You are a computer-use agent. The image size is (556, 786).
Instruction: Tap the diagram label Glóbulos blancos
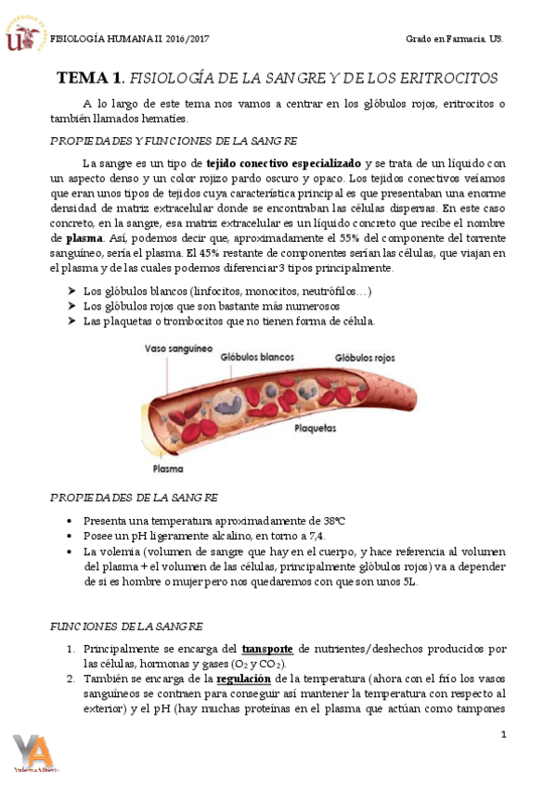258,356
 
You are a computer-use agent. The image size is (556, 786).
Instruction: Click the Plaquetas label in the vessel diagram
316,429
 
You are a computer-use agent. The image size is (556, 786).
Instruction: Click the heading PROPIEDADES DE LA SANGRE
134,498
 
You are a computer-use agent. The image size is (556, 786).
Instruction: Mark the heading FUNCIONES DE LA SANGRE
128,627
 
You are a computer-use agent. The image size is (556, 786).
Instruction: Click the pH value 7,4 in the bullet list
316,537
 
